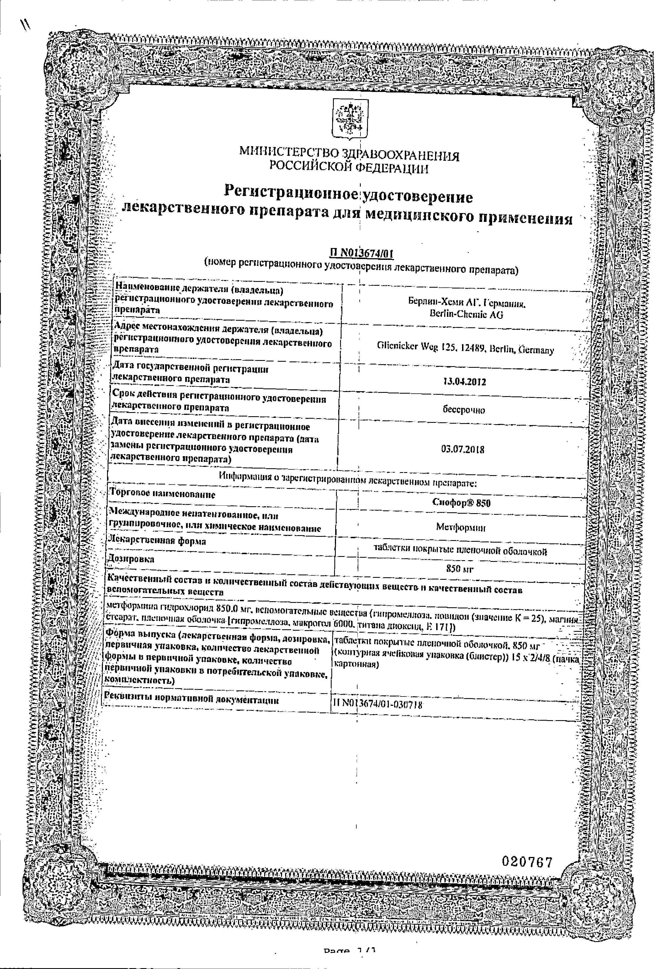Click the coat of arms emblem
click(x=350, y=120)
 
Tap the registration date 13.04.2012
click(x=465, y=382)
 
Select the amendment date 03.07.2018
click(x=463, y=450)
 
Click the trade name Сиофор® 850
click(x=461, y=503)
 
